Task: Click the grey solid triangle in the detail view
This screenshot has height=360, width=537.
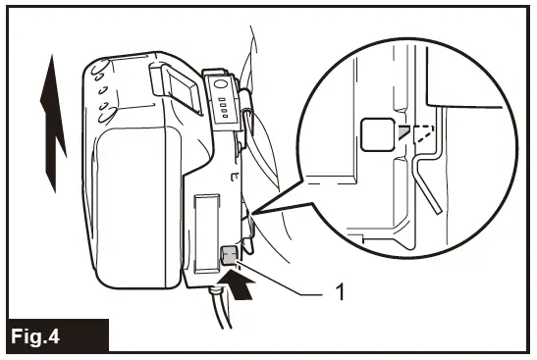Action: point(403,131)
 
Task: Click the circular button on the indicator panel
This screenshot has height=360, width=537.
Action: point(221,85)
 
